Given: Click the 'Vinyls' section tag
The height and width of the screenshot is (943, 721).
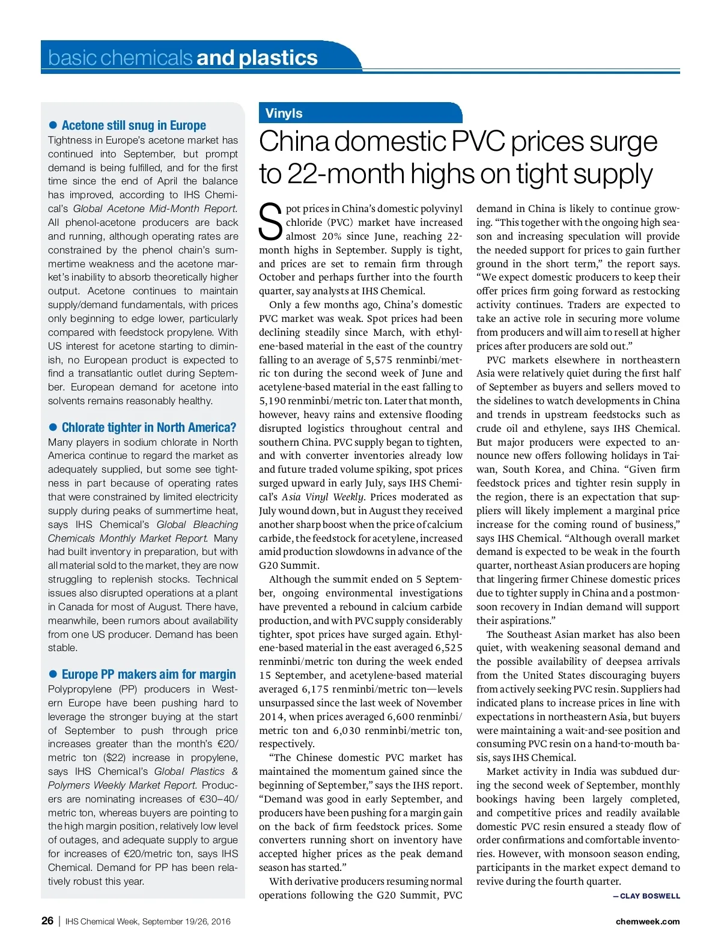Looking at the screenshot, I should (x=284, y=114).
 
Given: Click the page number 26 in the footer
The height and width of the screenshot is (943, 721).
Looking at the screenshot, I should (x=47, y=921).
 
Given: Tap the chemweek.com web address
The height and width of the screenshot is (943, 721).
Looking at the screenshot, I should (x=648, y=921).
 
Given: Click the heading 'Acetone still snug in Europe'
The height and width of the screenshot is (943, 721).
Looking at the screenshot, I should (x=133, y=126).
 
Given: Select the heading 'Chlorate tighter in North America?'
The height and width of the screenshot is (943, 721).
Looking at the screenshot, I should (x=149, y=428).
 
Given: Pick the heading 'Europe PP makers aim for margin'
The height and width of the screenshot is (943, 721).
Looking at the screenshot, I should (x=149, y=675).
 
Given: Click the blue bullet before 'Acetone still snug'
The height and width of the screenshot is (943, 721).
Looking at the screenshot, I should (x=53, y=126).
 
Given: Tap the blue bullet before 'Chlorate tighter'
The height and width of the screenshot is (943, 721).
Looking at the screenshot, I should (x=53, y=428).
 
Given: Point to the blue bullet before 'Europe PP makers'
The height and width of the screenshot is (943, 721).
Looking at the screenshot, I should (x=53, y=675).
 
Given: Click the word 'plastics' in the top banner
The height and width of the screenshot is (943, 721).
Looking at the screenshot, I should (x=278, y=58).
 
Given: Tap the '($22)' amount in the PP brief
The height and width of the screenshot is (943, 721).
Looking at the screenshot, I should (x=114, y=758).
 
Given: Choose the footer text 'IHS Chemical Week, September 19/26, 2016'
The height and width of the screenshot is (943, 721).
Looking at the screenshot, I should (x=148, y=921).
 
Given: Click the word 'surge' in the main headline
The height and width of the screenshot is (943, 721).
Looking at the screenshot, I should (x=623, y=142).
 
